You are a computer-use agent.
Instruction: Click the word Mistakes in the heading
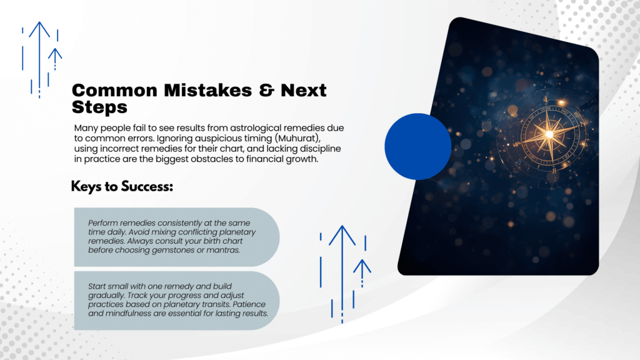(208, 90)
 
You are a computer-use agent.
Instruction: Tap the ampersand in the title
(266, 90)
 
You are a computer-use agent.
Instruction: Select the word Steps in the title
(99, 107)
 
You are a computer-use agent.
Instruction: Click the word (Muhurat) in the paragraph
(297, 138)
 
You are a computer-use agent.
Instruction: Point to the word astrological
(256, 128)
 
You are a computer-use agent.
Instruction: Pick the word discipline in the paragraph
(321, 149)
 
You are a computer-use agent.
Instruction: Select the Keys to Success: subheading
(122, 186)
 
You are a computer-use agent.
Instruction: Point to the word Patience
(251, 304)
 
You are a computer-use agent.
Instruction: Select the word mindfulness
(128, 314)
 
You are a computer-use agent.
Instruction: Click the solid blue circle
(418, 146)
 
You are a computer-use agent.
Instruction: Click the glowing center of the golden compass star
(549, 134)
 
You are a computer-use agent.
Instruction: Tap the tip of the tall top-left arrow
(39, 22)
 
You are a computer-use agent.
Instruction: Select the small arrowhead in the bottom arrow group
(362, 266)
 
